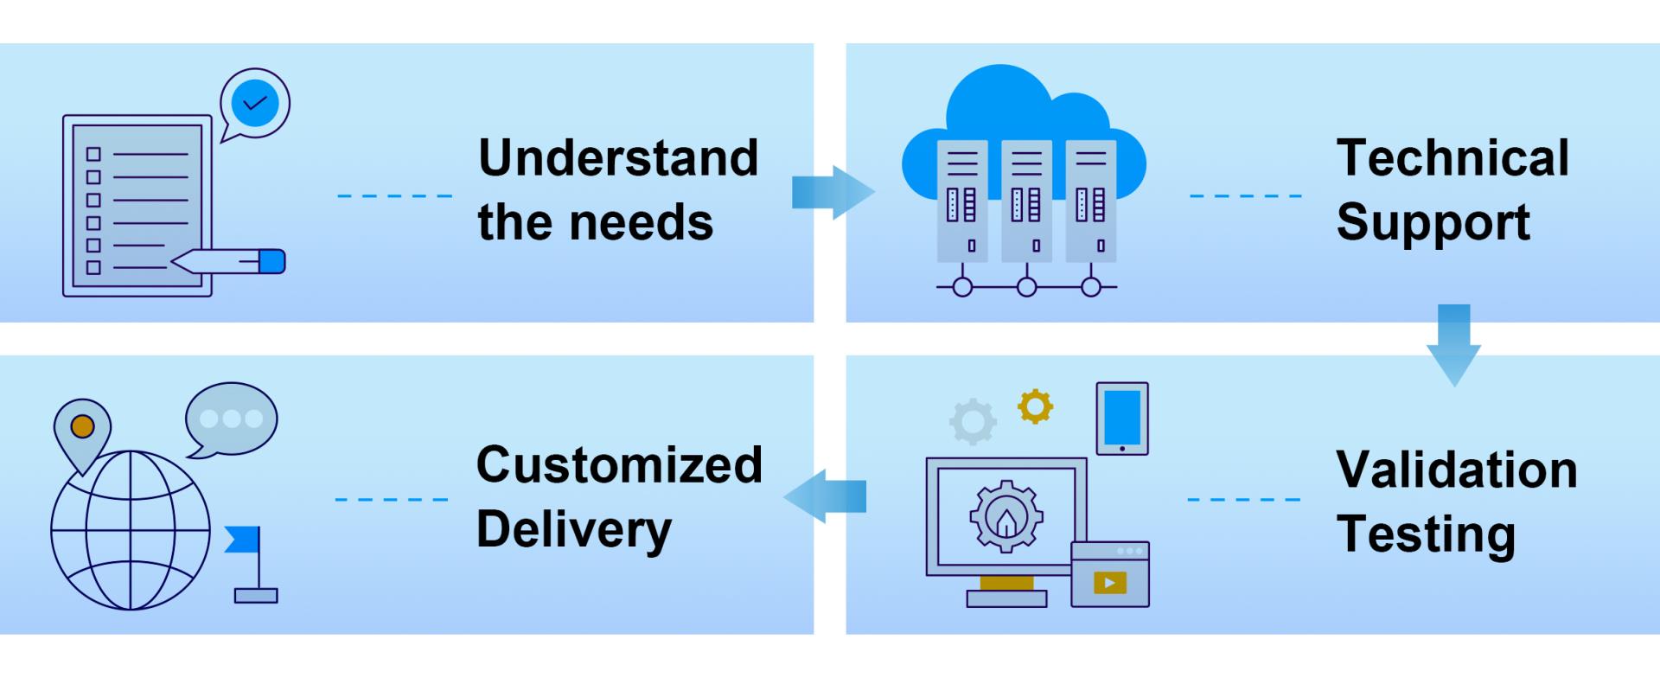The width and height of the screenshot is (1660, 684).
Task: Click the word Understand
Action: (618, 158)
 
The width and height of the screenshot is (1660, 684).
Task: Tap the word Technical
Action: (1452, 158)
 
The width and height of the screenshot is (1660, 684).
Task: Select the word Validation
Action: (1457, 470)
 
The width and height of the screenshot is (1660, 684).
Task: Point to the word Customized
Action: (619, 465)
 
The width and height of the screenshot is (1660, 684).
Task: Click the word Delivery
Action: (574, 529)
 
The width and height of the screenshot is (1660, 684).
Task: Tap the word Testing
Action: (1426, 534)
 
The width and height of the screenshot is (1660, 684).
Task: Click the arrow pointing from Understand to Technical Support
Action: (832, 192)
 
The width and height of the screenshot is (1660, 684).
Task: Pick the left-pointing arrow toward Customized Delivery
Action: (826, 496)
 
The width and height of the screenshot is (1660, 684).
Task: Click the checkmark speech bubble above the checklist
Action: (255, 105)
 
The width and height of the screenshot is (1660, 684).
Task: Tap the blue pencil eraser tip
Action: (272, 261)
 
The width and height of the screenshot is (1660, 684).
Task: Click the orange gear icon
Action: (1035, 406)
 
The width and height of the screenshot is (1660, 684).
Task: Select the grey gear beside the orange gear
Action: (973, 422)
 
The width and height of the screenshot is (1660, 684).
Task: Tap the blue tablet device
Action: (1122, 419)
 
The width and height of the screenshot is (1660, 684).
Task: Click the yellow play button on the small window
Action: (1109, 582)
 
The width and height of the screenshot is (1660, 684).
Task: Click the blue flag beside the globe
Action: (243, 540)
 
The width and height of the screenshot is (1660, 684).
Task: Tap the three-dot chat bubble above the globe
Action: (231, 419)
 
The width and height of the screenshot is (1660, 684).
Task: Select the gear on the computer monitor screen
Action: (1006, 516)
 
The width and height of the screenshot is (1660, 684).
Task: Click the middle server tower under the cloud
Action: (1026, 201)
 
